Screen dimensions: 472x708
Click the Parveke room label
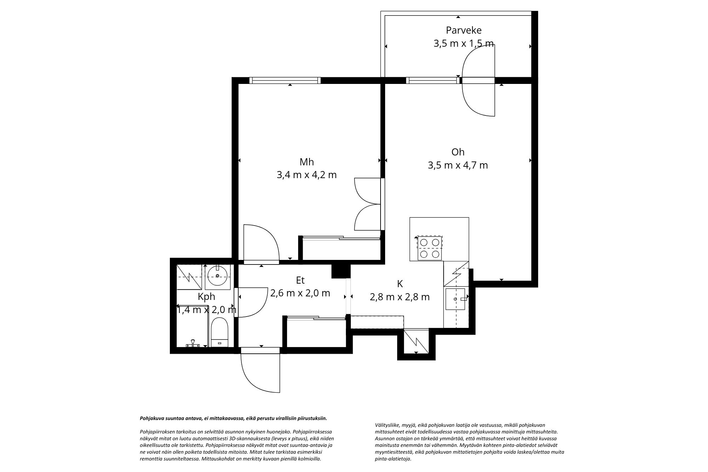coord(463,30)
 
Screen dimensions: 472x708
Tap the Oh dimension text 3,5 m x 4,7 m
coord(458,165)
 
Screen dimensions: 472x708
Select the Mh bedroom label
coord(307,162)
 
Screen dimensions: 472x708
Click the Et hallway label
coord(300,280)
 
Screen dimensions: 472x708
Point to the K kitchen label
coord(400,284)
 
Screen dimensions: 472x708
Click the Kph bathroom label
coord(206,297)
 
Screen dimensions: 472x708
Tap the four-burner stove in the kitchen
coord(430,248)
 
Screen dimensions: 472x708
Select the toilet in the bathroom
coord(220,332)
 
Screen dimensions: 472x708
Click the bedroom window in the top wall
coord(285,80)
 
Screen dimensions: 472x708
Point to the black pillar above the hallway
coord(341,271)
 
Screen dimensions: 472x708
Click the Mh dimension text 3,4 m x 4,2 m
coord(307,175)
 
